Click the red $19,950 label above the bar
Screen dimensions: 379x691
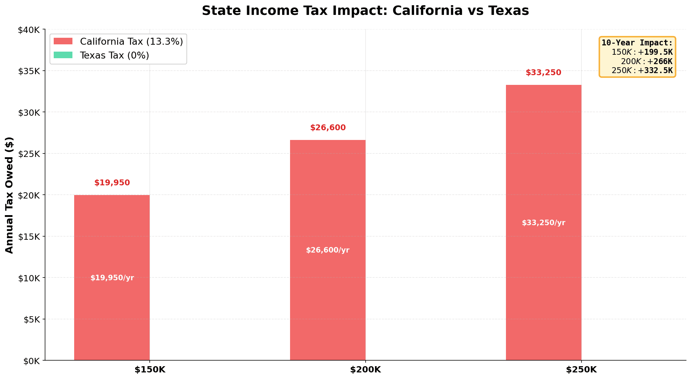click(x=112, y=183)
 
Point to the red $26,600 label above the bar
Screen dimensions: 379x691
click(x=328, y=128)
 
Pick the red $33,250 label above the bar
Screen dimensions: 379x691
click(x=543, y=73)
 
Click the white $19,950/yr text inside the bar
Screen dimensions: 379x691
click(x=112, y=278)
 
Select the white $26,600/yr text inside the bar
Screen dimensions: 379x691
click(x=327, y=250)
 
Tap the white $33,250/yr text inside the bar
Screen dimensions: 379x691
click(x=543, y=223)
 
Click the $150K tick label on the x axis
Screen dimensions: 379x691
click(x=150, y=370)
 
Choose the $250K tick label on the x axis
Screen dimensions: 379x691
click(x=581, y=370)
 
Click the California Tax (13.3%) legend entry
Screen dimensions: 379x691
click(x=131, y=42)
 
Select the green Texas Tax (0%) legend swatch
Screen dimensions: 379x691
click(x=63, y=55)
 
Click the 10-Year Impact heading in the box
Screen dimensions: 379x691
click(x=637, y=43)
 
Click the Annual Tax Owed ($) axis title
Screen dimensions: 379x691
click(x=9, y=195)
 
